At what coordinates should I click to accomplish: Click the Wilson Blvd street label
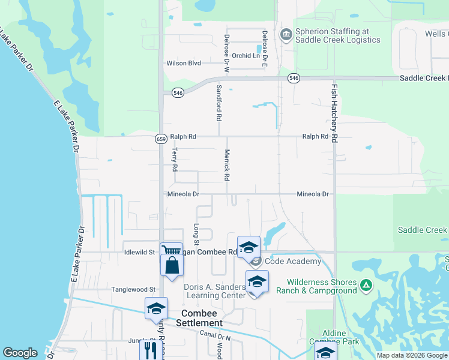[184, 63]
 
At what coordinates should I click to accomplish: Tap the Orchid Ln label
[248, 56]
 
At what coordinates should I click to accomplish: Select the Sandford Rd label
[219, 103]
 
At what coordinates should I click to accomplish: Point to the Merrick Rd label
[228, 165]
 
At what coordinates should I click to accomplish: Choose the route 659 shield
[161, 139]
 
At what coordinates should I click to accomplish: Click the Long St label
[196, 233]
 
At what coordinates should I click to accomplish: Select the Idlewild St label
[139, 252]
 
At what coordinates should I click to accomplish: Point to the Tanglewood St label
[133, 289]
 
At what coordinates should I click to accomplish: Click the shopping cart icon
[171, 251]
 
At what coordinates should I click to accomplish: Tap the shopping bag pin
[172, 265]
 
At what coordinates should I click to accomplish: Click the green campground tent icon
[366, 286]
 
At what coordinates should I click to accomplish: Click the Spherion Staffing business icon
[286, 35]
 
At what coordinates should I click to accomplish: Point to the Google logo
[20, 353]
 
